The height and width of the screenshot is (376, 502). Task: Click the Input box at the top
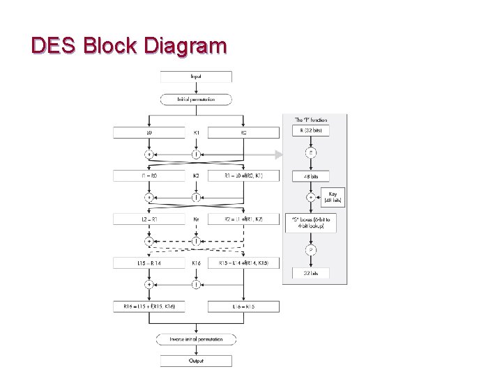196,76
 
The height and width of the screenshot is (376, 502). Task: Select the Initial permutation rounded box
196,99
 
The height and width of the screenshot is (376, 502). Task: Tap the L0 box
149,132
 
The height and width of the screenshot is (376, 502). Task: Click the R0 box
243,132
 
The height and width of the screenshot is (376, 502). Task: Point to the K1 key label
196,132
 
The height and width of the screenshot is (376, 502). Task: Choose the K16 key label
196,263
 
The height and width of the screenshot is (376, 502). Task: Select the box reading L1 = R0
149,175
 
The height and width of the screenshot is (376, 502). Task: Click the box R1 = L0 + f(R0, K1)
243,175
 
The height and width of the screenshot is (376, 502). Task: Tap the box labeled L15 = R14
149,263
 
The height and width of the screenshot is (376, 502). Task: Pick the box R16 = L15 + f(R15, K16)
149,306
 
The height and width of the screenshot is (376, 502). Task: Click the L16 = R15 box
243,306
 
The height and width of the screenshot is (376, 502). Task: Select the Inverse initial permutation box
196,339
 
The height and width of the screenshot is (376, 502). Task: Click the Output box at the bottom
196,361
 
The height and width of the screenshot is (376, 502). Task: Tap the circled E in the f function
311,153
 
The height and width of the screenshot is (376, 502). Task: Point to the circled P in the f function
311,250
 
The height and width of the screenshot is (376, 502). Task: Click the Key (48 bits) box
333,197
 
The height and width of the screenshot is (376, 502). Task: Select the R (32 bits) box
311,130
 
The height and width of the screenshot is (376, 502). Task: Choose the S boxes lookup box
311,222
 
